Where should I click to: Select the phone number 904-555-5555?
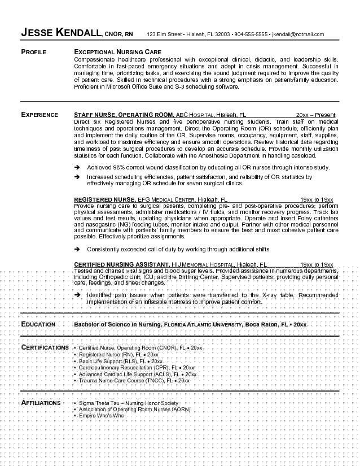tap(251, 34)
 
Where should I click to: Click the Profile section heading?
tap(34, 52)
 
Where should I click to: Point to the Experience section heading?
tap(39, 115)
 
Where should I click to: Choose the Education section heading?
tap(38, 324)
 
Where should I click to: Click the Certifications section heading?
tap(45, 347)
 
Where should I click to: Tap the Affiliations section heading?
tap(41, 403)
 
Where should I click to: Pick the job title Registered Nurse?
tap(104, 200)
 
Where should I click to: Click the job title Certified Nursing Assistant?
tap(122, 264)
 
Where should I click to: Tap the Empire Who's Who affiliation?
tap(101, 416)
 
